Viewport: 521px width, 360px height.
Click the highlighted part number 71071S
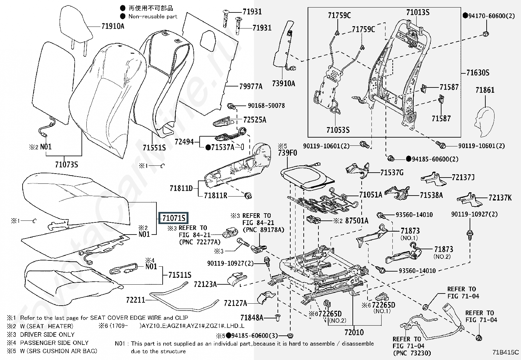coord(173,218)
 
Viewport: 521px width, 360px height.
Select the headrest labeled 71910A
coord(76,30)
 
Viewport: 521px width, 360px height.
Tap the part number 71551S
coord(154,147)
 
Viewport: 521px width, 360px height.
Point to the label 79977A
coord(251,86)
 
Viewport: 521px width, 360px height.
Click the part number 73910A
coord(283,83)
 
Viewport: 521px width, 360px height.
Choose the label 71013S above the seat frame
coord(418,12)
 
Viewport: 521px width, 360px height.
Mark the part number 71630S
coord(478,73)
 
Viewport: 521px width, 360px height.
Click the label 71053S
coord(338,130)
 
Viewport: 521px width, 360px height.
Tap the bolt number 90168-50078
coord(266,106)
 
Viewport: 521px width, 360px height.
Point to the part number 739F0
coord(287,153)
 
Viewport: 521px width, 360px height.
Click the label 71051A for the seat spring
coord(371,195)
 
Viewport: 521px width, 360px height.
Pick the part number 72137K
coord(500,198)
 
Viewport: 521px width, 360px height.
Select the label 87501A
coord(357,220)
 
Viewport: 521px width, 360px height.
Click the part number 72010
coord(354,332)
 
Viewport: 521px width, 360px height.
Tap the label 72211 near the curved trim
coord(135,300)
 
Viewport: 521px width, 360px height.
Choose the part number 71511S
coord(180,275)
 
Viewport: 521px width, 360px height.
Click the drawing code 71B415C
coord(506,352)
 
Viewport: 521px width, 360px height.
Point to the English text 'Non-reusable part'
coord(153,16)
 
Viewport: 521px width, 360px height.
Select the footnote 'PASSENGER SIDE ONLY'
coord(54,343)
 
